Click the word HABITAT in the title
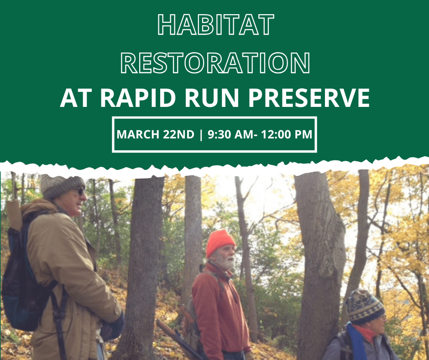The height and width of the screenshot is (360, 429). coord(215,25)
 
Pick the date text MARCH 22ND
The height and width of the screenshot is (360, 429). coord(156,135)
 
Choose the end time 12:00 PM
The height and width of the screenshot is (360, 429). coord(286,135)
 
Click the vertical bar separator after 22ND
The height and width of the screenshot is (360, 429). coord(201,135)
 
